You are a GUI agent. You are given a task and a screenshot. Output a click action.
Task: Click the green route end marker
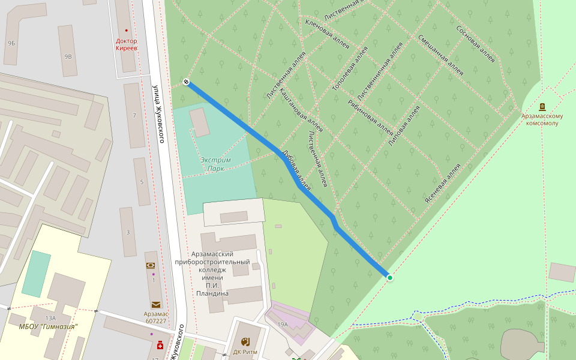coord(390,277)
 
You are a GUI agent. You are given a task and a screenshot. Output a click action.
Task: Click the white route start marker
coord(187,82)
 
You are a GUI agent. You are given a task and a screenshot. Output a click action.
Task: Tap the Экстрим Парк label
coord(215,164)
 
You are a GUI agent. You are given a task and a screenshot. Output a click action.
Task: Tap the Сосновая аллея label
coord(475,44)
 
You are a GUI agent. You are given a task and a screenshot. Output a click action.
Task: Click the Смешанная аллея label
coord(441,55)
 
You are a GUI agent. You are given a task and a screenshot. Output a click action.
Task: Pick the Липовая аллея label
coord(404,126)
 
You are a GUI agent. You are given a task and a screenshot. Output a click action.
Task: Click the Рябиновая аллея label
coord(370,116)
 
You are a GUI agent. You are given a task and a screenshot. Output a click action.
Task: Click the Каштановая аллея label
coord(302,111)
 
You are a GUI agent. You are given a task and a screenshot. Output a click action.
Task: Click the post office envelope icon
coord(156,305)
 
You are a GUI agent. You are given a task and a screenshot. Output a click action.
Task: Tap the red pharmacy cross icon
coord(160,346)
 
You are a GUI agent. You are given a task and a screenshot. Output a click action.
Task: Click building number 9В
coord(68,56)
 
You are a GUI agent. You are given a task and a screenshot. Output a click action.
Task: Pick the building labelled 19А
coord(283,324)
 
